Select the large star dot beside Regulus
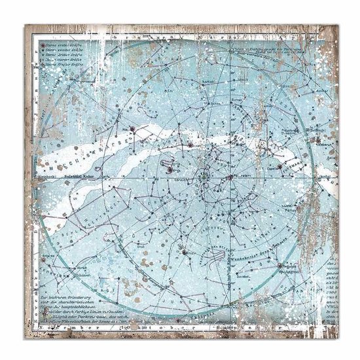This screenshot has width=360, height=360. click(x=281, y=266)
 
